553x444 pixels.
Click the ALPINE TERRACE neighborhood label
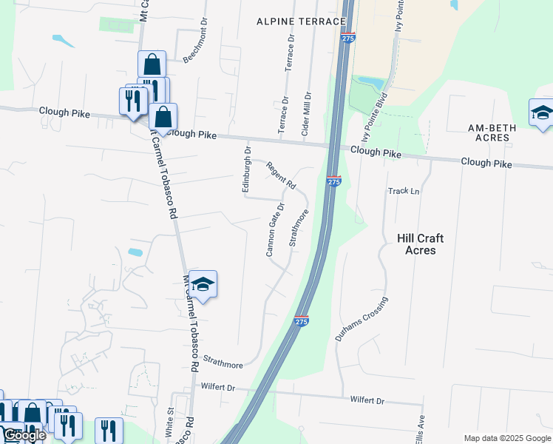click(301, 21)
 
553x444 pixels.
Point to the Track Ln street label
click(404, 191)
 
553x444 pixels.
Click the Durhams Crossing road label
click(361, 319)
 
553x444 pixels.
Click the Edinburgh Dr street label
click(248, 169)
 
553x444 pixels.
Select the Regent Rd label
click(281, 176)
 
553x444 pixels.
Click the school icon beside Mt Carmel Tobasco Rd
click(203, 284)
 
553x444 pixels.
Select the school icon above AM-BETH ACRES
click(541, 113)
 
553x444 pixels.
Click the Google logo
click(24, 435)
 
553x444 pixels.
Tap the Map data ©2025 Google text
click(507, 438)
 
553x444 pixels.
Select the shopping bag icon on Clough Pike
click(163, 117)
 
